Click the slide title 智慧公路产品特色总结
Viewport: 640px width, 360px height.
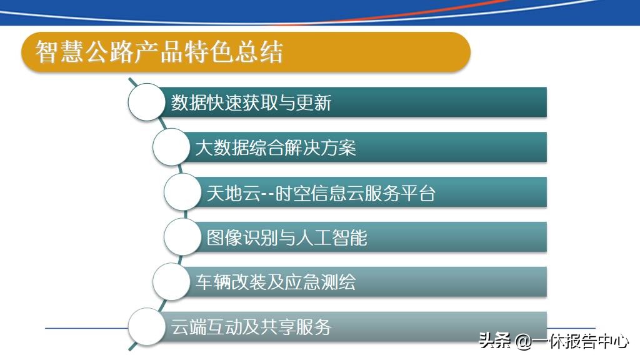tap(159, 52)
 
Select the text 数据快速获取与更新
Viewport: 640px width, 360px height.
tap(251, 102)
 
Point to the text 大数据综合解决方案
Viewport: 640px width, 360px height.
tap(276, 148)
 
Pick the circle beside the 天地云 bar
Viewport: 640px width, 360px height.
tap(183, 192)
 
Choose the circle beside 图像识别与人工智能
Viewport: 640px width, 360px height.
tap(183, 237)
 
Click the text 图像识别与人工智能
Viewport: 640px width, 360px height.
tap(287, 237)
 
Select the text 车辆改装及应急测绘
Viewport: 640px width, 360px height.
tap(276, 282)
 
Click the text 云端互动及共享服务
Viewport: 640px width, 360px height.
tap(251, 327)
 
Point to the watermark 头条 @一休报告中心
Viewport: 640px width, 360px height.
tap(554, 341)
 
